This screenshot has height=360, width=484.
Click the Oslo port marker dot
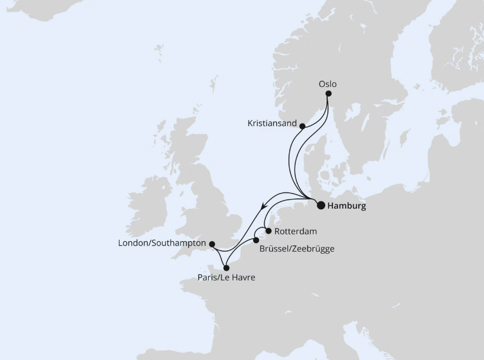pos(329,94)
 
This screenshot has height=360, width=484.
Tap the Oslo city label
pos(328,84)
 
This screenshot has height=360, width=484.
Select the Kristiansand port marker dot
pos(302,126)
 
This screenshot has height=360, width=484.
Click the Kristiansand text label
pos(272,124)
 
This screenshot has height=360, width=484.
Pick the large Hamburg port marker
pos(320,205)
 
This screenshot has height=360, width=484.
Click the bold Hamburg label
pos(346,206)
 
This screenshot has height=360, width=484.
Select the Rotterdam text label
pos(295,231)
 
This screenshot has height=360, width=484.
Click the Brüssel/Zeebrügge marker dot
pos(256,240)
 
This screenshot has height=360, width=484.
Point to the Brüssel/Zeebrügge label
pos(296,248)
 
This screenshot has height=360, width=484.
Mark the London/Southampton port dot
pos(212,244)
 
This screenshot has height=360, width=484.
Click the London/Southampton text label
pos(162,244)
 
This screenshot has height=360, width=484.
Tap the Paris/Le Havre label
pos(226,278)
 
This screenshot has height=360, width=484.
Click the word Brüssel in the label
pos(273,248)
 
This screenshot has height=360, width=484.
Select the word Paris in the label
pos(208,278)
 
